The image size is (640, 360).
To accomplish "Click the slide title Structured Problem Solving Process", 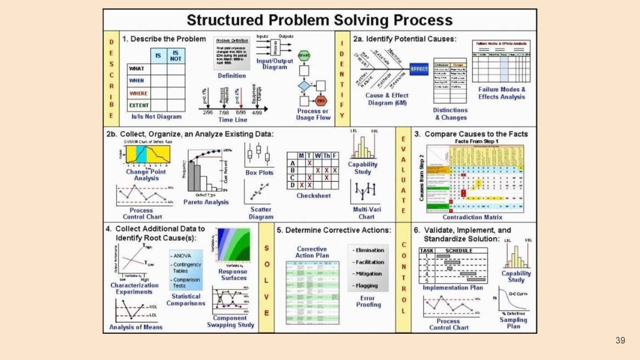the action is tap(320, 20).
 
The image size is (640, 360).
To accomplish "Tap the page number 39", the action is tap(620, 340).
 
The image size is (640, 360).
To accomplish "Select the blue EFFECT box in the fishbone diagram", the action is tap(419, 69).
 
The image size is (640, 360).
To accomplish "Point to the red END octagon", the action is tap(320, 100).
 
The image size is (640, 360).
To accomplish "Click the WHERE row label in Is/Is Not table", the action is tap(138, 93).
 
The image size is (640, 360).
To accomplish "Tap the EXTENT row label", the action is tap(139, 105).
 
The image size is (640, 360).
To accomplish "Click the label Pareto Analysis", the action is tap(206, 202).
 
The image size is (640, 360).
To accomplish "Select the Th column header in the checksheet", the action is tap(326, 156).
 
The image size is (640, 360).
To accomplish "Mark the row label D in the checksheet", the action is tap(292, 184).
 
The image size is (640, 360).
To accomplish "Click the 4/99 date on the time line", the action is tap(257, 113).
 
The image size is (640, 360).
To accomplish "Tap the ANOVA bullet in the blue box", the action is tap(183, 256).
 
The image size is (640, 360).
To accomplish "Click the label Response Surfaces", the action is tap(233, 275).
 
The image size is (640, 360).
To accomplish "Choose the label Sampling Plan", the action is tap(513, 323).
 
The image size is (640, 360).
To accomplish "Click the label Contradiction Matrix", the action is tap(472, 217).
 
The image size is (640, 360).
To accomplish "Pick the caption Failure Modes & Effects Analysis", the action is tap(502, 93).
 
